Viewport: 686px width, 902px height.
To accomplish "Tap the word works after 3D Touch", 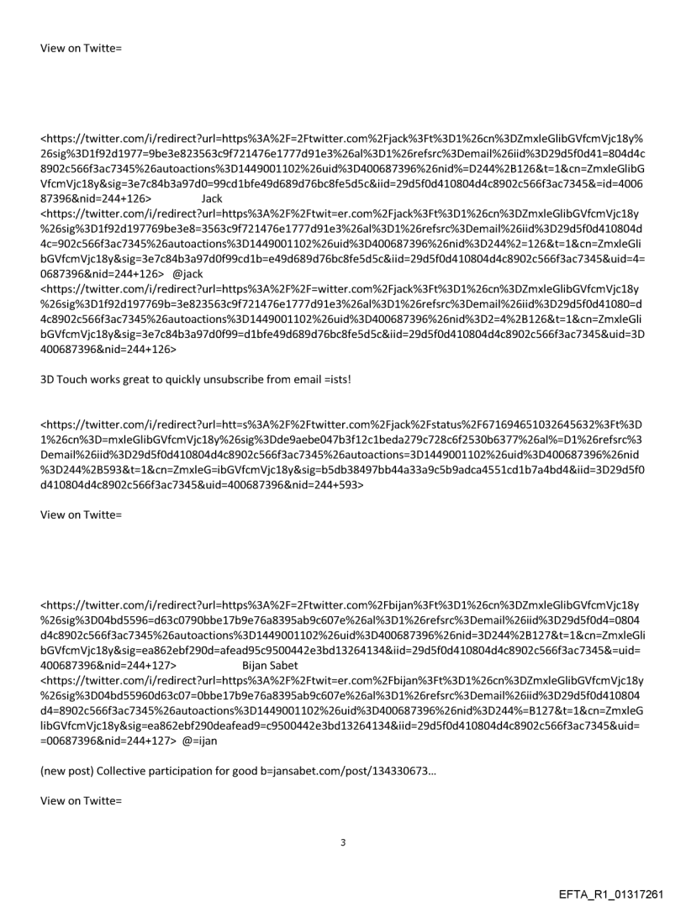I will [102, 381].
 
